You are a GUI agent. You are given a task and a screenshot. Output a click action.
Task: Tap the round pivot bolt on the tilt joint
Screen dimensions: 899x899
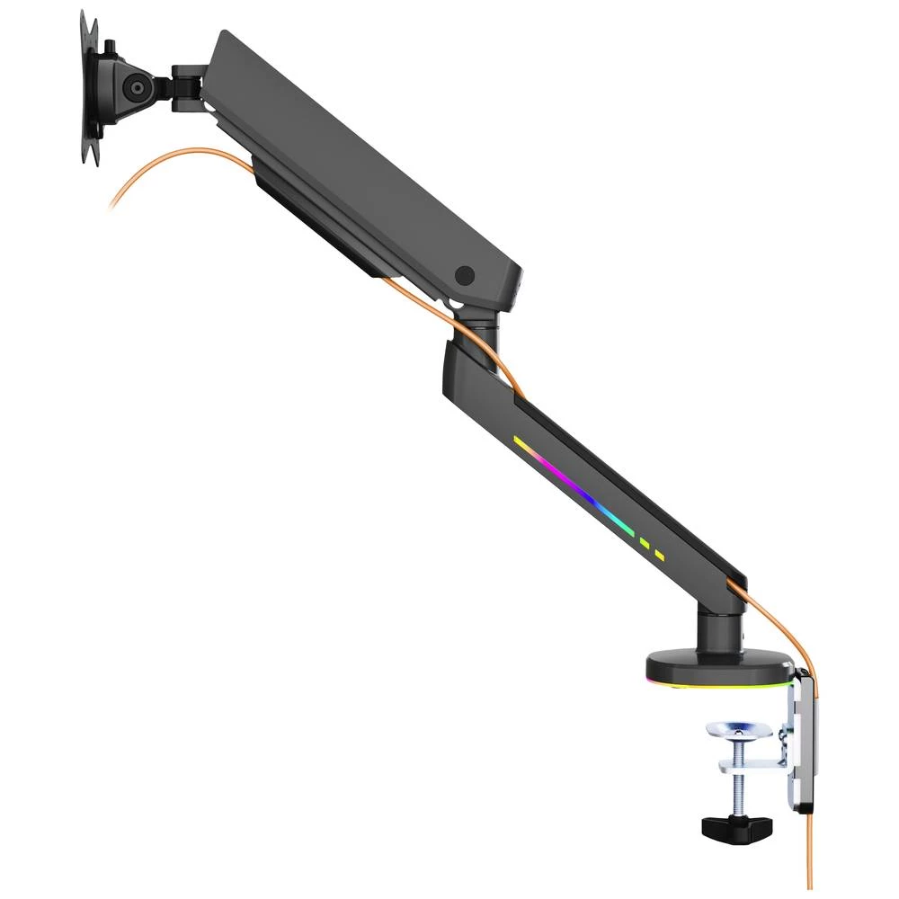tap(137, 88)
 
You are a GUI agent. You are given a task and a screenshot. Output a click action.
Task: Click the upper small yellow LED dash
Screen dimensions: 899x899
tap(644, 542)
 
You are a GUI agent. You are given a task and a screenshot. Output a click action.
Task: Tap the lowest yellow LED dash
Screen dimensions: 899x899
tap(661, 555)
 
